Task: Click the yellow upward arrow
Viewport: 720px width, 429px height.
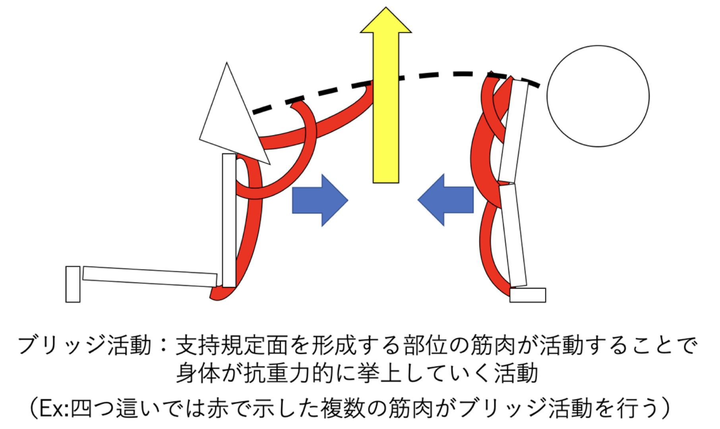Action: point(385,107)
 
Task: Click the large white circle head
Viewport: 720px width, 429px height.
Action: point(598,96)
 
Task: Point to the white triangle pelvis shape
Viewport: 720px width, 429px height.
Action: point(230,119)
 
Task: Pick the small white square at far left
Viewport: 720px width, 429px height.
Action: point(73,284)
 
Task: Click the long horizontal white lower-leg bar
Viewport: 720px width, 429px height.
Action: point(150,276)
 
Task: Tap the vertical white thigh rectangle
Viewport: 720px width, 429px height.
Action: point(229,220)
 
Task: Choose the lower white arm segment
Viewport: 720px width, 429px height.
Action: point(513,234)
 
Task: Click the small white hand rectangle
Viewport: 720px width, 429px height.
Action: point(528,295)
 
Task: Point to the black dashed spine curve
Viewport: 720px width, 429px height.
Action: point(437,75)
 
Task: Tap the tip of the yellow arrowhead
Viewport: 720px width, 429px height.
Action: point(385,8)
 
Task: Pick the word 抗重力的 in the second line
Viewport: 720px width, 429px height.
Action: point(288,373)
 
